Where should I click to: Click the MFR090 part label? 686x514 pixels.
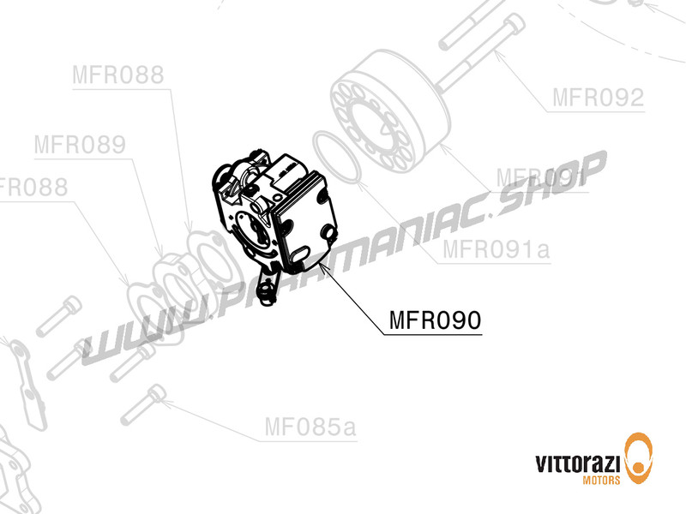(435, 320)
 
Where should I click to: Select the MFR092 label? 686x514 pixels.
(597, 98)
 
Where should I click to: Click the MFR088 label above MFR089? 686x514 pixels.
(117, 75)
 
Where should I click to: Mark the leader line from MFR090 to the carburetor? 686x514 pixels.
(352, 296)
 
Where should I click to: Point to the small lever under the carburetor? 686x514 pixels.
(269, 286)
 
